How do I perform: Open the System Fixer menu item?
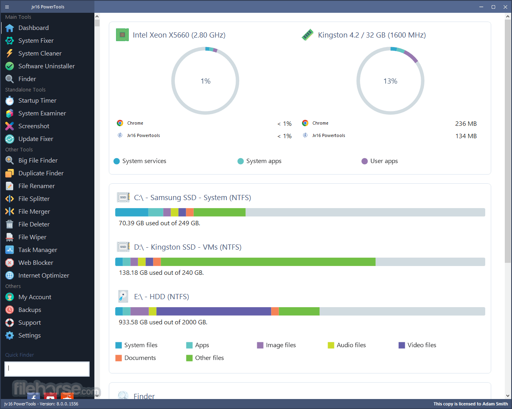coord(36,41)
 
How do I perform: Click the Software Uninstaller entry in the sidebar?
coord(46,66)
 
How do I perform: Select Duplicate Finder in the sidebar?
coord(41,173)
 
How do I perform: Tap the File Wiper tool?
coord(32,237)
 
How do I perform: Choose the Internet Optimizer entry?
coord(44,276)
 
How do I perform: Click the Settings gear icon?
coord(10,336)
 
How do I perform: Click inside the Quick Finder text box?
coord(47,369)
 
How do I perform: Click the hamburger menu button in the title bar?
coord(7,7)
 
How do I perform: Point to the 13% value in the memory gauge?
coord(390,81)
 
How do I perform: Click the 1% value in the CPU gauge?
coord(205,81)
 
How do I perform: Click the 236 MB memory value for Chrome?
coord(466,123)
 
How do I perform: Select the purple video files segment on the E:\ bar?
coord(214,311)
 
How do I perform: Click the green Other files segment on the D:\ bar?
coord(268,262)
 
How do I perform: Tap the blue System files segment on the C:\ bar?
coord(132,212)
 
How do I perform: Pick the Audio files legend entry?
coord(347,345)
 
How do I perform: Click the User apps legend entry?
coord(380,161)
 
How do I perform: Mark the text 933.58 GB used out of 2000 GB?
coord(163,322)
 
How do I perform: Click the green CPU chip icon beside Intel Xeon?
coord(122,35)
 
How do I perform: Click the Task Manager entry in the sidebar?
coord(38,250)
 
